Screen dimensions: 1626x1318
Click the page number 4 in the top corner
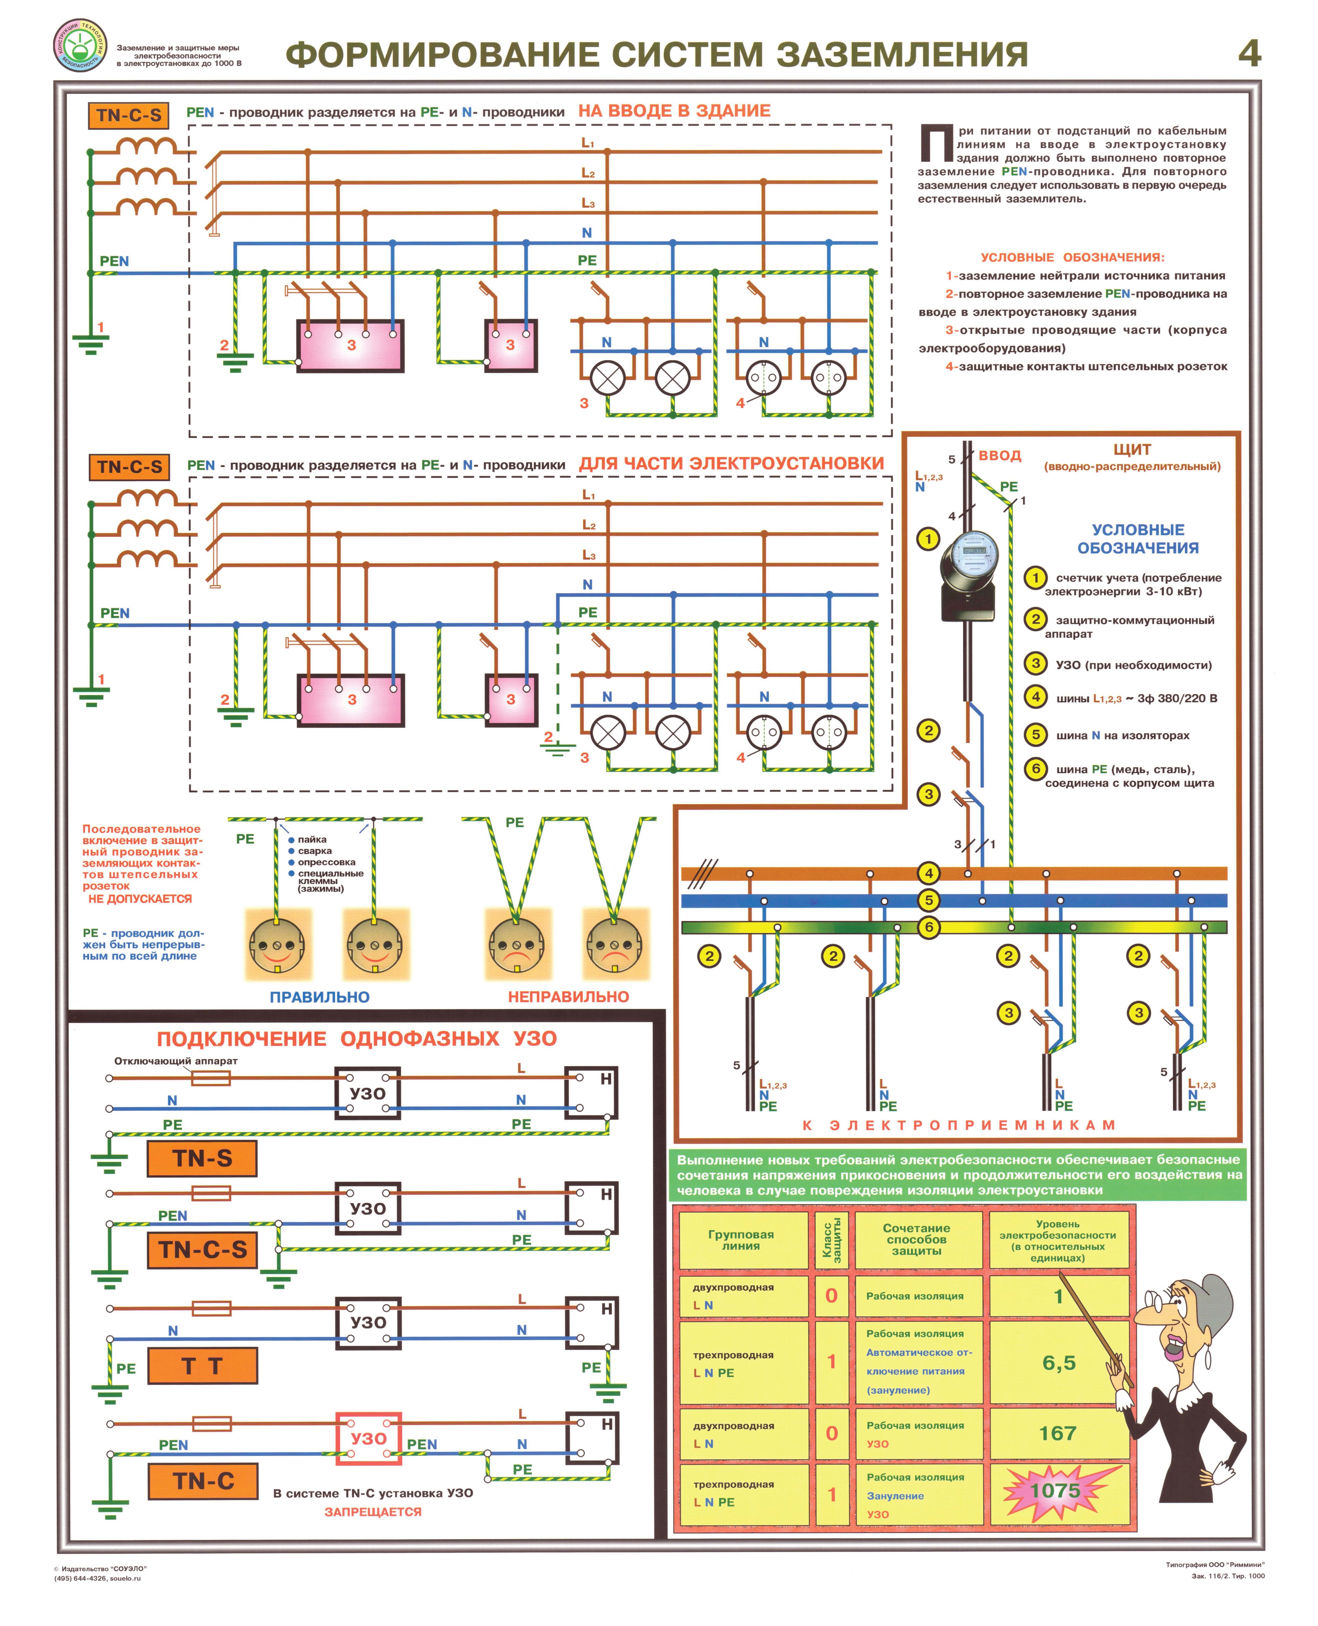point(1249,53)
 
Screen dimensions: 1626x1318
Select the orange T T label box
point(202,1366)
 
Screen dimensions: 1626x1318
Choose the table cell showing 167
point(1058,1433)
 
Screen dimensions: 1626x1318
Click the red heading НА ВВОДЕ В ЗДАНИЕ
point(674,111)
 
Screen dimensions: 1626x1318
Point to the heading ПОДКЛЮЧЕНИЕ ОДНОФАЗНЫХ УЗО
point(357,1039)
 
